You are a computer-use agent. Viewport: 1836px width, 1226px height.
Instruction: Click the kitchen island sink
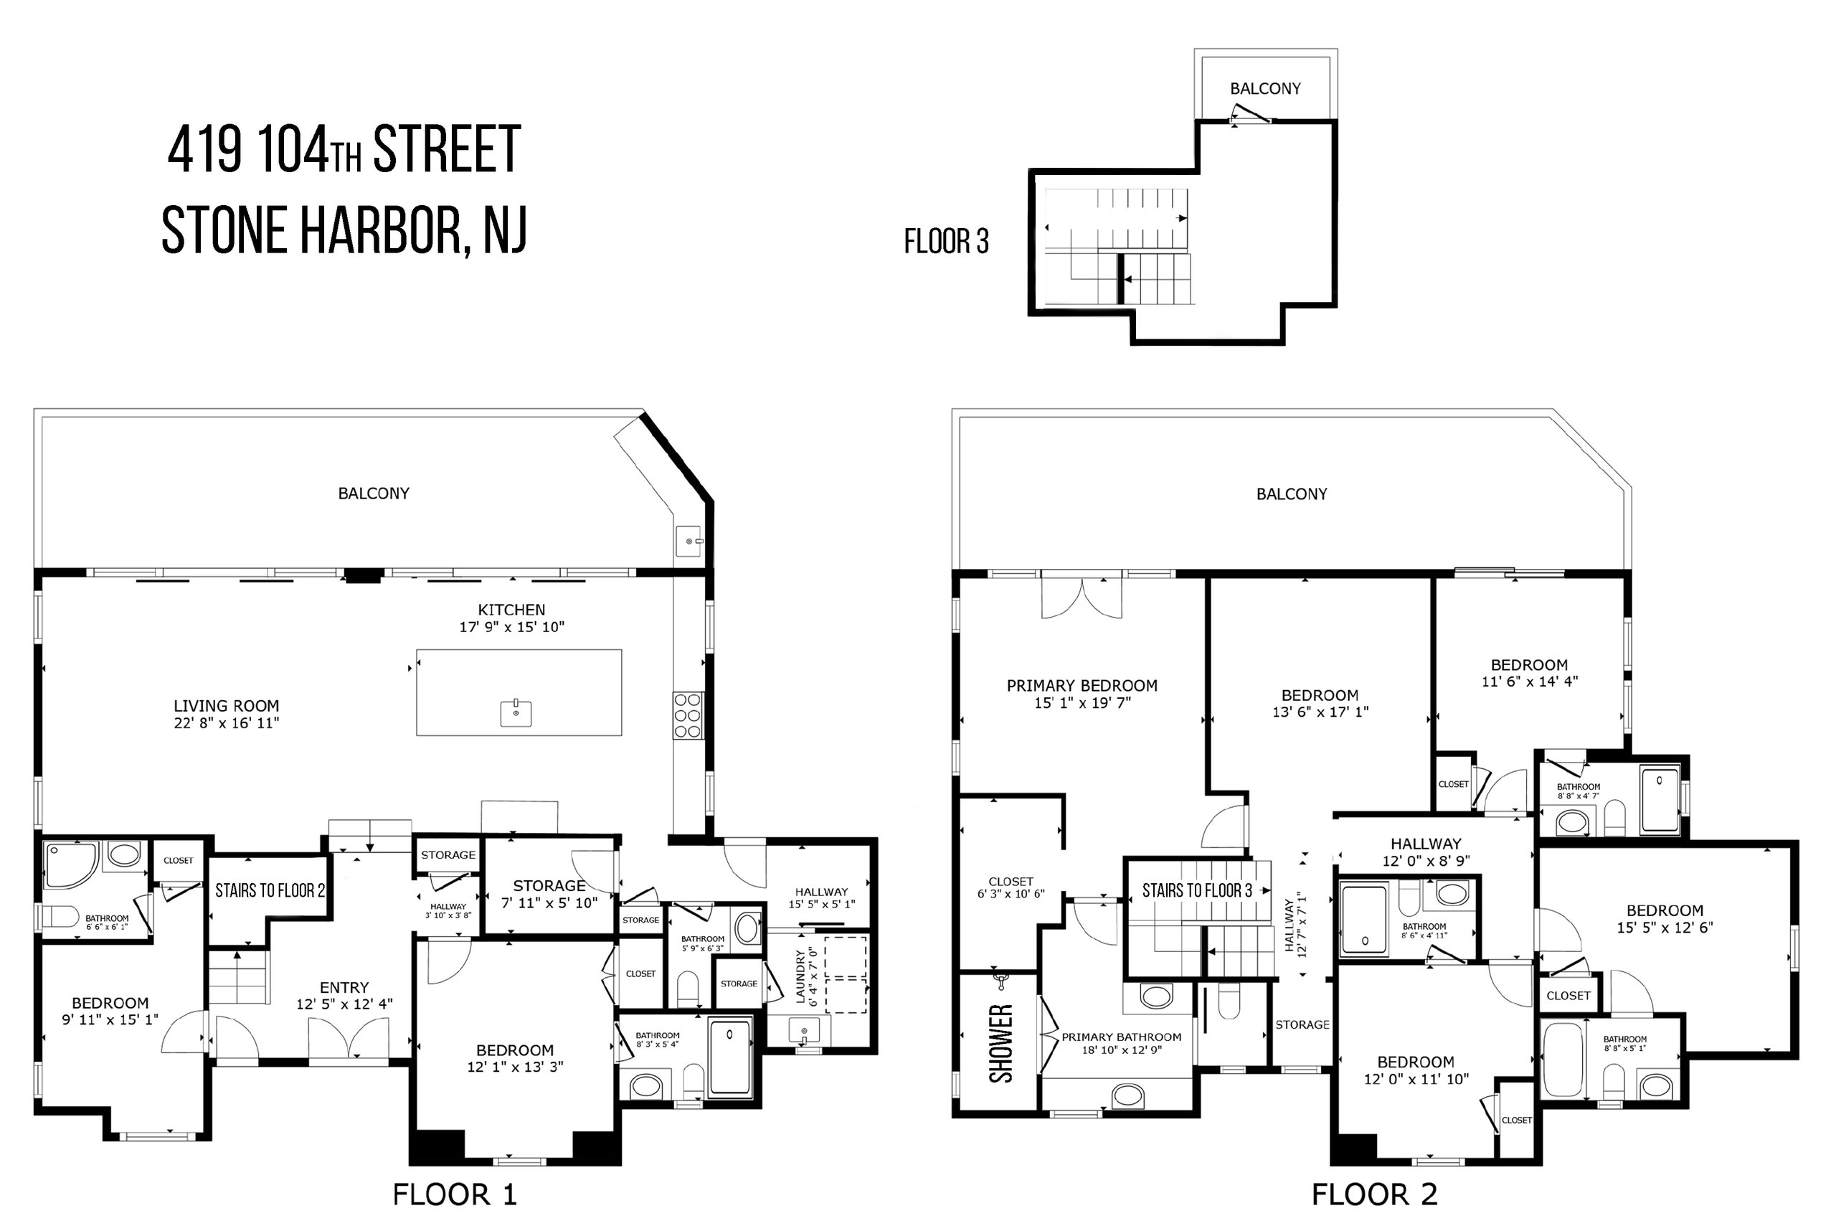click(516, 712)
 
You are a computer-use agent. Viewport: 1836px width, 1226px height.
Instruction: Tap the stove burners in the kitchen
click(688, 715)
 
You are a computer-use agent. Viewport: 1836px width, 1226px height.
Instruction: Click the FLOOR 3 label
click(947, 242)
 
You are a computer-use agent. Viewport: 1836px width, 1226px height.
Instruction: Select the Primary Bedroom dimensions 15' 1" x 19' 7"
click(1082, 703)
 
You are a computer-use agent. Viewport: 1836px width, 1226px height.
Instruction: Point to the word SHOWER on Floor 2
click(1001, 1043)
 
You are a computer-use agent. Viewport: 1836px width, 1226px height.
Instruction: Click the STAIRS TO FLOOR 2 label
click(270, 890)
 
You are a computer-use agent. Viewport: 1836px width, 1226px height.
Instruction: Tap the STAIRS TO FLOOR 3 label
click(1198, 890)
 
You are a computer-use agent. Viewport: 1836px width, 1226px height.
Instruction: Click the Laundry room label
click(806, 976)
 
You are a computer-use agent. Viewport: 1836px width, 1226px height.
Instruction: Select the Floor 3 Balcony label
click(1265, 88)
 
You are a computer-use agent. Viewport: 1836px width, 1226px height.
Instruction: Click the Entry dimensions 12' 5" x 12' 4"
click(344, 1004)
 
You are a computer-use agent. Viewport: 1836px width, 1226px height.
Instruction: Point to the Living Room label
click(227, 705)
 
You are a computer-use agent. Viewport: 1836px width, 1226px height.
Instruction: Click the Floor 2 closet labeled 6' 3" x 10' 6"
click(1011, 887)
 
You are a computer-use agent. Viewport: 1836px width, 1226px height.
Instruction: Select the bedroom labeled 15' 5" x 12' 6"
click(1665, 919)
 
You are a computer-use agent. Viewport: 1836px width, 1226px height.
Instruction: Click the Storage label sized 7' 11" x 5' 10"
click(549, 894)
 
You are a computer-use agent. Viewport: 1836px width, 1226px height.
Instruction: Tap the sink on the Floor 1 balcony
click(688, 541)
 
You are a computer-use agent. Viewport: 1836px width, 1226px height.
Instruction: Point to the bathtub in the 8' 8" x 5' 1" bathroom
click(1563, 1060)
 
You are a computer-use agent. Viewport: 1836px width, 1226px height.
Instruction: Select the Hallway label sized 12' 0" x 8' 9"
click(1426, 852)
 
